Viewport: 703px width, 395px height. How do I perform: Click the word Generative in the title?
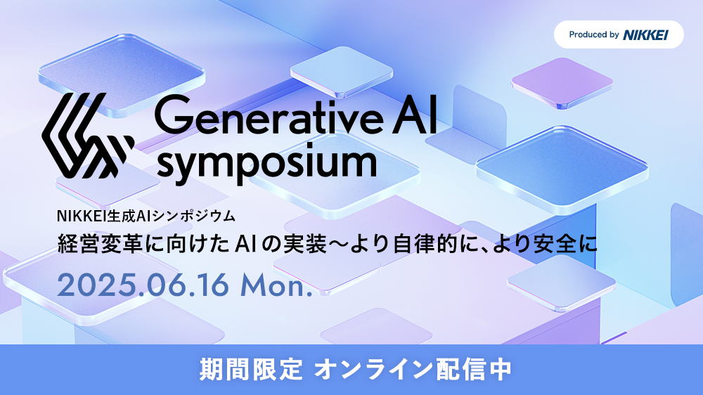coord(269,115)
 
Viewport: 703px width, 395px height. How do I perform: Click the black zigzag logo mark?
coord(88,136)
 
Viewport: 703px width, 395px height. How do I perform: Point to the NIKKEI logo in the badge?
coord(645,34)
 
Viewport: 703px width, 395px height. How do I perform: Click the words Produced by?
coord(594,34)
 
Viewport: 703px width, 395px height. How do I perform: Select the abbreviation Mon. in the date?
coord(276,285)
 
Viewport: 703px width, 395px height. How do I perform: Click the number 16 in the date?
coord(212,285)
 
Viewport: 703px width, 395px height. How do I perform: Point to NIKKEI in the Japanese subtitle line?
coord(80,216)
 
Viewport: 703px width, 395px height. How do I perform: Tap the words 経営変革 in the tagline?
coord(100,245)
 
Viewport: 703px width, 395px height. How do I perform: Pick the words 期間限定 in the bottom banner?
coord(251,370)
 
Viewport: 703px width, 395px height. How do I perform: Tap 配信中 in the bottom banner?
coord(473,370)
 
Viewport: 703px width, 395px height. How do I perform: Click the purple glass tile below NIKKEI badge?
coord(562,83)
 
